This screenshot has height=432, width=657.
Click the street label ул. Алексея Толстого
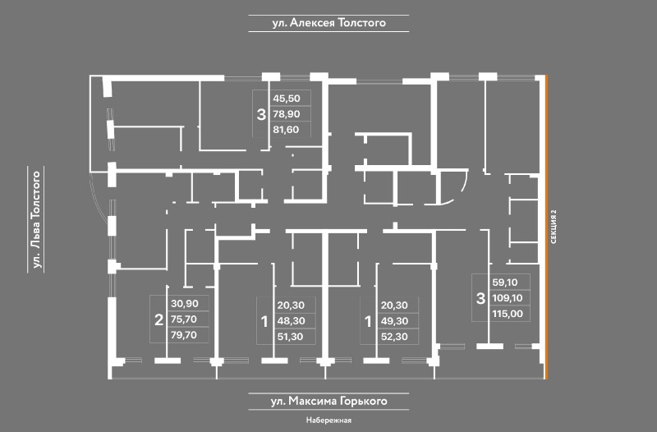click(x=328, y=24)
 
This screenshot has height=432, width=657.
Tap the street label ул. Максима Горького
click(x=328, y=402)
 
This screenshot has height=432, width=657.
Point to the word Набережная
click(x=328, y=421)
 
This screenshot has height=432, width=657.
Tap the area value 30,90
click(x=185, y=304)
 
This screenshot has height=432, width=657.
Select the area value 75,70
click(x=185, y=319)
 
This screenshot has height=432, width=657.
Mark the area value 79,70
click(x=185, y=335)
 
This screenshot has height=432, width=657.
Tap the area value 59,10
click(x=505, y=281)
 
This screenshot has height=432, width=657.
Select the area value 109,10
click(x=507, y=296)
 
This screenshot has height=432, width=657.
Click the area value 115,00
click(x=507, y=312)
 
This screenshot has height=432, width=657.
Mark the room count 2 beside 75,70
click(x=159, y=319)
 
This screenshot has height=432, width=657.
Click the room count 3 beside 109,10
click(x=480, y=296)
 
